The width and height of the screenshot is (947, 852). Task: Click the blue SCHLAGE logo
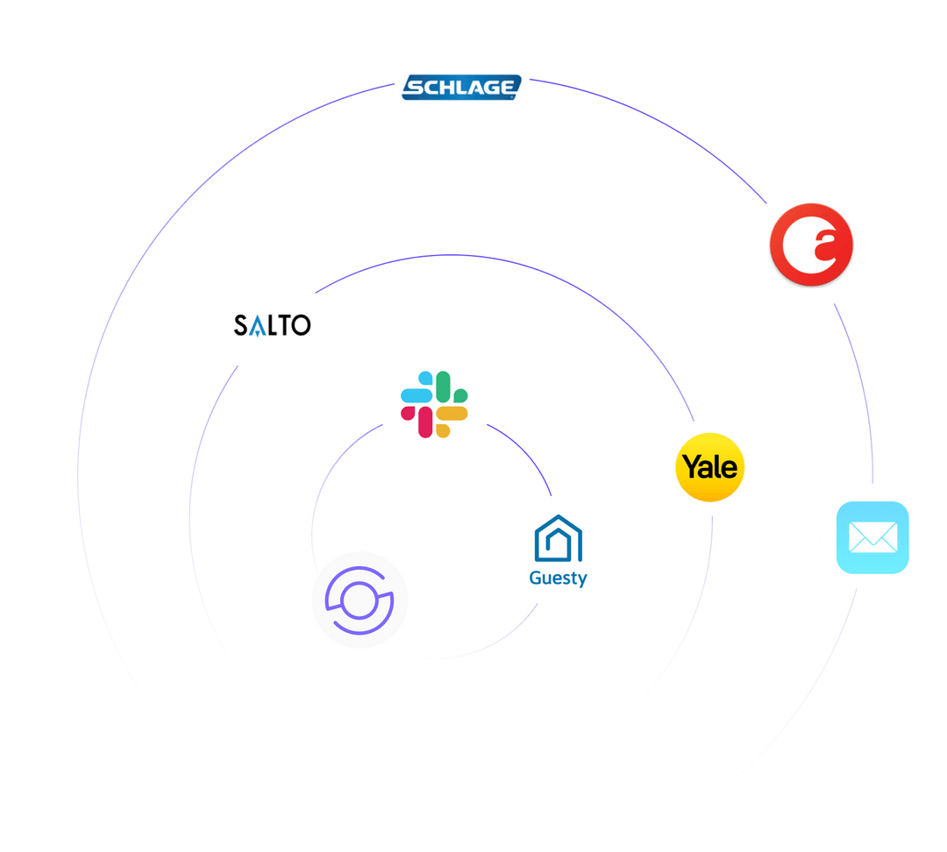462,87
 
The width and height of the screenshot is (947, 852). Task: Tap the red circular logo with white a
811,246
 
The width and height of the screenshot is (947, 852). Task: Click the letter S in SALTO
241,326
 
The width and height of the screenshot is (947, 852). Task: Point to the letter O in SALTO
300,326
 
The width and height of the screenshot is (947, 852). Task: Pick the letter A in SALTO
258,327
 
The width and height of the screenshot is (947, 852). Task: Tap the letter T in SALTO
284,326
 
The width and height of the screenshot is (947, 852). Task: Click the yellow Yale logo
710,466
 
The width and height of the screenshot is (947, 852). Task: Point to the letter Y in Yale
692,465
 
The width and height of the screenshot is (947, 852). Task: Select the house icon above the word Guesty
559,537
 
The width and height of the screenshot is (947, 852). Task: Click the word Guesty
558,578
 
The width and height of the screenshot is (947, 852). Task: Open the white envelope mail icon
872,537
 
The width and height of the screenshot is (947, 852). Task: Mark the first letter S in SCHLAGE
412,87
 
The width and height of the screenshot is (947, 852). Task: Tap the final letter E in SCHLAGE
509,87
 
